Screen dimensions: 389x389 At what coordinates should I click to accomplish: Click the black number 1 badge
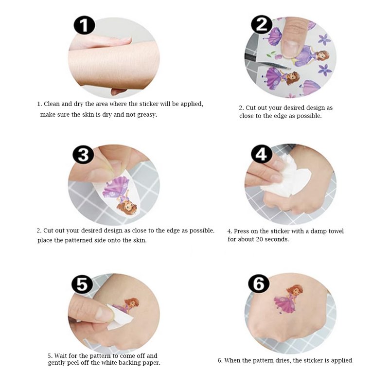84,25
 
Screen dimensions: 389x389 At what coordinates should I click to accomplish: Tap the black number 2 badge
262,24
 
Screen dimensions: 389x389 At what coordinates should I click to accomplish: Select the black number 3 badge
83,155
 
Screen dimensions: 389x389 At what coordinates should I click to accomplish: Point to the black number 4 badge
262,154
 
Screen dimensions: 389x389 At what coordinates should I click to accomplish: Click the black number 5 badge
82,284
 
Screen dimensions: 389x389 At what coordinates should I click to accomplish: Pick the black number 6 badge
259,283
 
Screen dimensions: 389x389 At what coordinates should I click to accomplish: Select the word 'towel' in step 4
336,231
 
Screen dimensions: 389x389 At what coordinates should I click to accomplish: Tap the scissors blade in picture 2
273,65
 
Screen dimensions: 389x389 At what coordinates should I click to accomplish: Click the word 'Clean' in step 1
52,104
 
